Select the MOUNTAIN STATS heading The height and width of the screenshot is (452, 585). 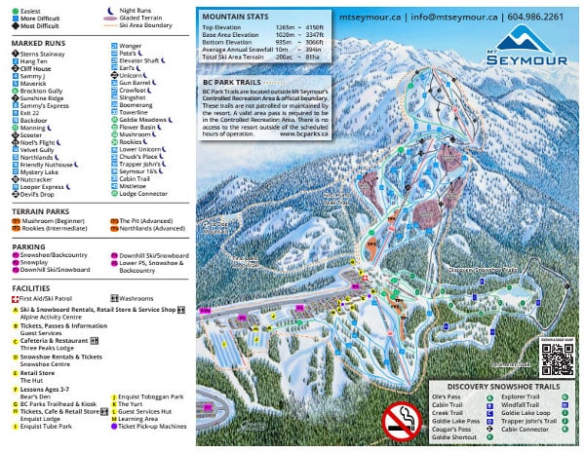[x=235, y=17]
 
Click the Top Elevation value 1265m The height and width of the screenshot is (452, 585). [x=288, y=29]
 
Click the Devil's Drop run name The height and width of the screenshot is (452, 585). [x=43, y=193]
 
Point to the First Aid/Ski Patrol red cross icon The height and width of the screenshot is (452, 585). [x=15, y=298]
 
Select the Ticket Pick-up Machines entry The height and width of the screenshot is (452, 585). [x=152, y=426]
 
